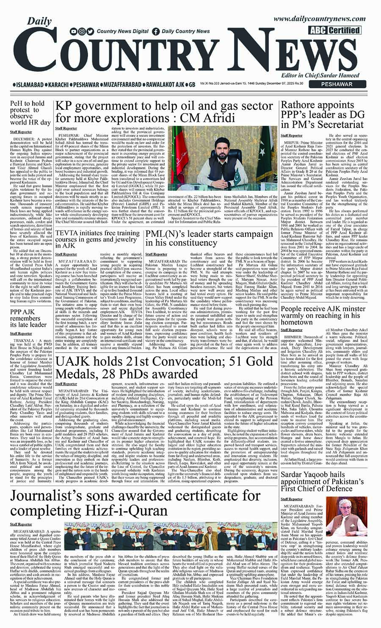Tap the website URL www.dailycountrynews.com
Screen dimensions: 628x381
click(x=326, y=19)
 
